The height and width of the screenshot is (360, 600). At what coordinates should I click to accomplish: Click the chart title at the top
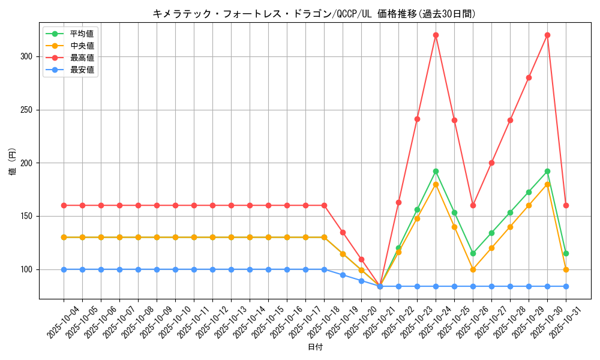tap(314, 14)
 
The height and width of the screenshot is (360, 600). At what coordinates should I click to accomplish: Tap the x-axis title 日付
tap(315, 347)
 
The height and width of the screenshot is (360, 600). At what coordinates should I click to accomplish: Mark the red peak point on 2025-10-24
tap(436, 35)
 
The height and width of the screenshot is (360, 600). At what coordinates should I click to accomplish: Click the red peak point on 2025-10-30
tap(547, 35)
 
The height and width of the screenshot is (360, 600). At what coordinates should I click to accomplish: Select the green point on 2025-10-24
tap(436, 171)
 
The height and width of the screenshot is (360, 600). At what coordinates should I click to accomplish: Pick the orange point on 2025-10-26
tap(473, 269)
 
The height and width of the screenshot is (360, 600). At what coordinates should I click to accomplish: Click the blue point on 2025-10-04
tap(64, 269)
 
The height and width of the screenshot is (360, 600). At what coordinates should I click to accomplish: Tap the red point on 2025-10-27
tap(491, 163)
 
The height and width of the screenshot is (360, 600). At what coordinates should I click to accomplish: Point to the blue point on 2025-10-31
tap(566, 286)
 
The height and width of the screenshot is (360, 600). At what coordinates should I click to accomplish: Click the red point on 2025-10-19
tap(343, 232)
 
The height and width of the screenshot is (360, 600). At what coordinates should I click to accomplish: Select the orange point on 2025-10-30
tap(547, 184)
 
